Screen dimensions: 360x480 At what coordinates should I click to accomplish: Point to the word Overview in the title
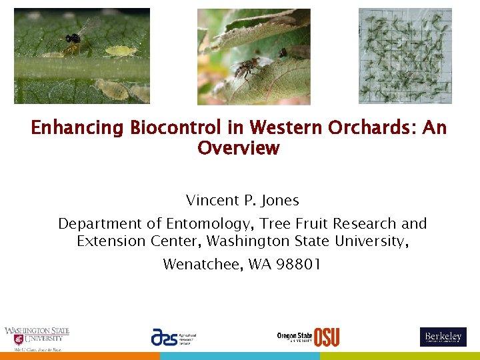click(238, 148)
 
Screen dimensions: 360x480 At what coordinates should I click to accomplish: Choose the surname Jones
click(280, 200)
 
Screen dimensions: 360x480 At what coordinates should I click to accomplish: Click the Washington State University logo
click(36, 338)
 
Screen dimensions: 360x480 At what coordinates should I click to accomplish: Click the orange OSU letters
click(327, 337)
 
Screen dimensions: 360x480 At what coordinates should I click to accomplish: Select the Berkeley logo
click(443, 337)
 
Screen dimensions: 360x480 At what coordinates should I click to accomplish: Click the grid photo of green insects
click(405, 56)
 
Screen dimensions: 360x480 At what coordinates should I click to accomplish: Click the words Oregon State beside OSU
click(295, 336)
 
